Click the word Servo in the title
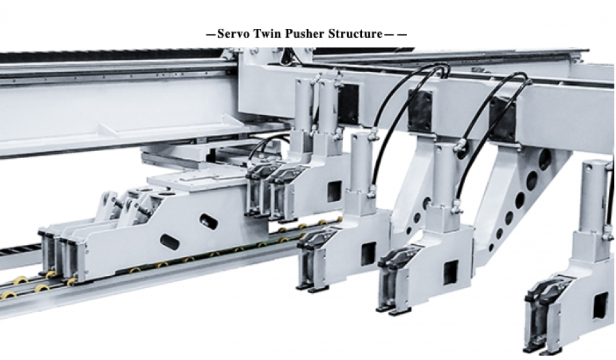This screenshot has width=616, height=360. point(233,34)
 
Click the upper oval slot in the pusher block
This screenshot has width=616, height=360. point(208,221)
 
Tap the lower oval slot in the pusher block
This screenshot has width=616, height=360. point(170,242)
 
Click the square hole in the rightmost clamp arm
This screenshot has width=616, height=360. point(599,306)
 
